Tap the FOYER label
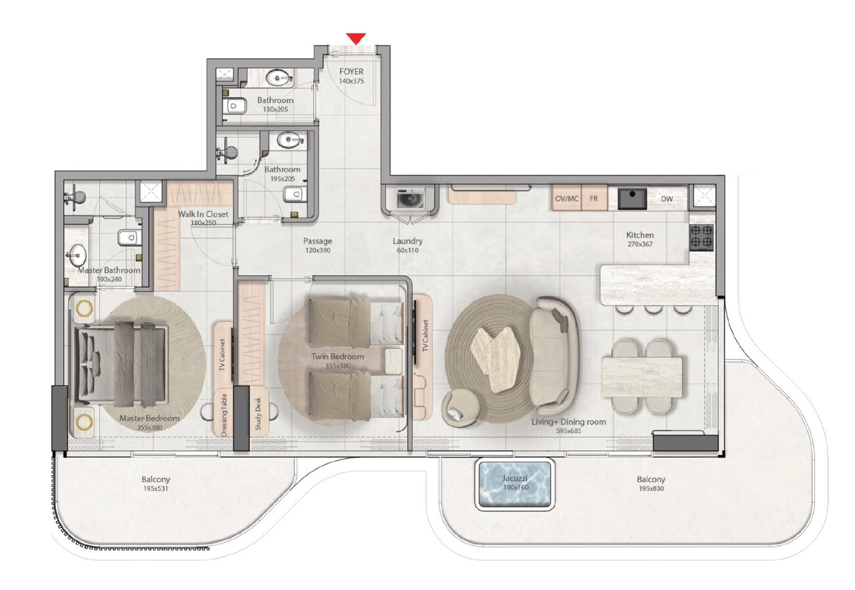[351, 72]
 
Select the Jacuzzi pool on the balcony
[514, 485]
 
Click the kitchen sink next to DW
[632, 198]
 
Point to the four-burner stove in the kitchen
[702, 236]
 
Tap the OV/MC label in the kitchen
[566, 198]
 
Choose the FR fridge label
[593, 198]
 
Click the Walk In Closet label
[203, 214]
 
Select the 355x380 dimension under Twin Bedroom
[338, 366]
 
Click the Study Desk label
[258, 414]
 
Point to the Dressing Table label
[224, 415]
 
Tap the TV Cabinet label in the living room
[426, 336]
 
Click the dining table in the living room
[642, 377]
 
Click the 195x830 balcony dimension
[651, 489]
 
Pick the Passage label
[318, 241]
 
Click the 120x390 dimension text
[318, 250]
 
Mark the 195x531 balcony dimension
[156, 489]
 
